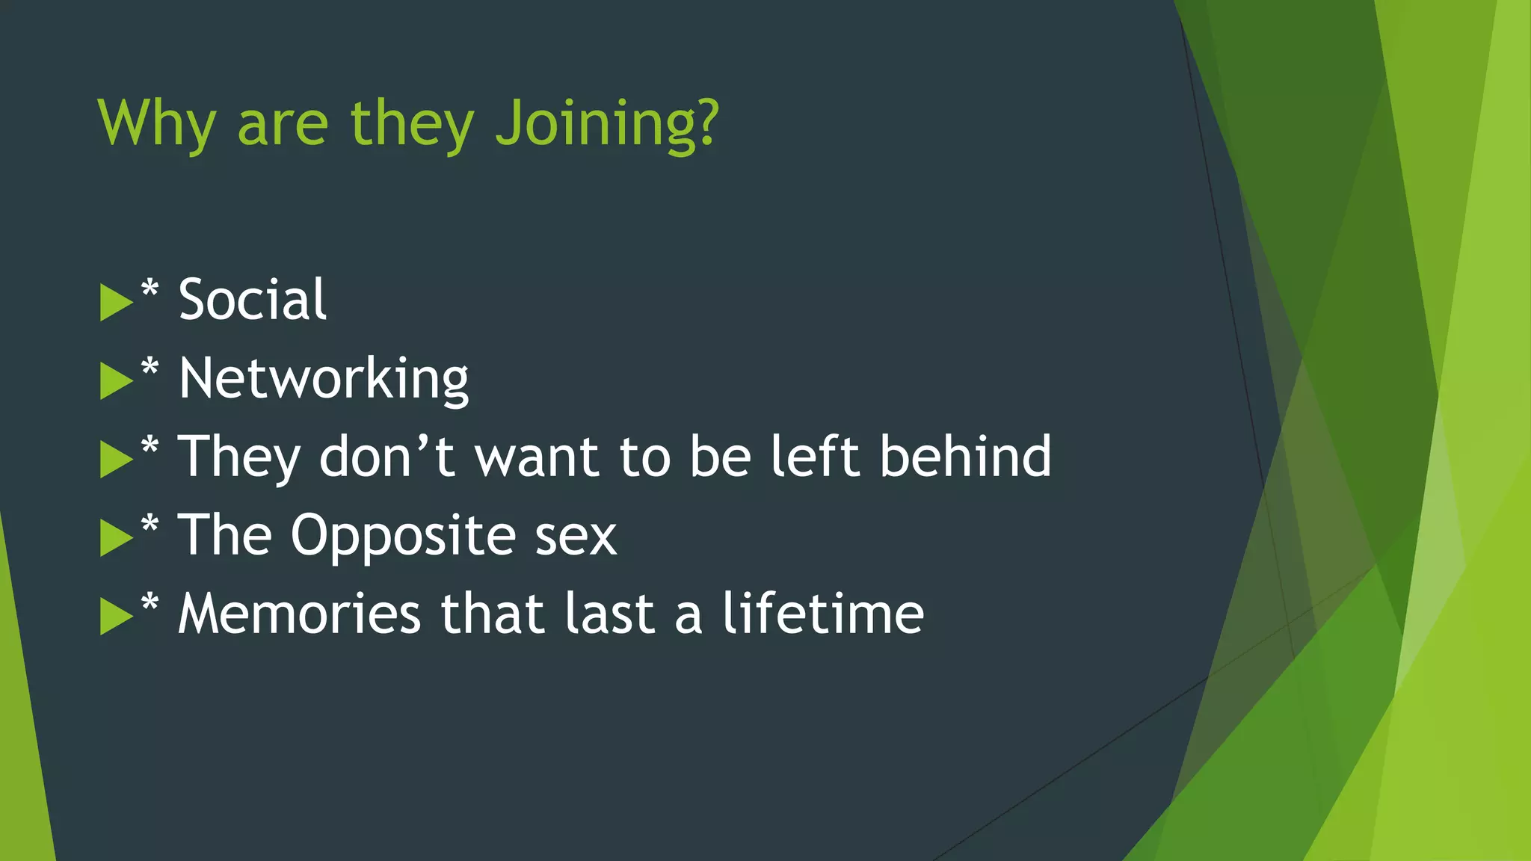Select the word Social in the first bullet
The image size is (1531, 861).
point(252,300)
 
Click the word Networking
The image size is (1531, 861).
point(324,379)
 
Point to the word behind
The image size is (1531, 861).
point(965,456)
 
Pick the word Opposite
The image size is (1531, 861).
point(403,535)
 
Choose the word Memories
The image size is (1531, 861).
point(299,614)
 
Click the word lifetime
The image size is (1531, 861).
point(822,614)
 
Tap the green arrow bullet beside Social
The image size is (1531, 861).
point(115,303)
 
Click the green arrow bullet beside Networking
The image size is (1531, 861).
point(115,381)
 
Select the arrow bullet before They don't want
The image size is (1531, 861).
point(115,460)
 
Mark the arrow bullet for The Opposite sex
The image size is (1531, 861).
point(115,538)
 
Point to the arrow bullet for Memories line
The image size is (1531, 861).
point(115,617)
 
